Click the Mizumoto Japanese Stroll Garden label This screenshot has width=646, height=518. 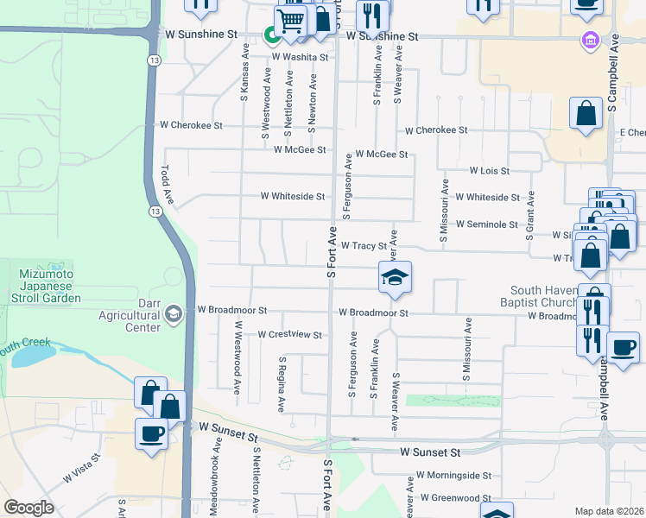[49, 285]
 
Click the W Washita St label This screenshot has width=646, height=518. [301, 57]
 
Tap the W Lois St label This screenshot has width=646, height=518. [489, 171]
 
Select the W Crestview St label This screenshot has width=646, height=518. [289, 334]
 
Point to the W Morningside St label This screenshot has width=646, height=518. [453, 475]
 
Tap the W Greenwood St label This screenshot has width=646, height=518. [456, 498]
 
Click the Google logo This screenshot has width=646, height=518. [29, 508]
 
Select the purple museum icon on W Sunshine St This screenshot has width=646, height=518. [591, 40]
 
